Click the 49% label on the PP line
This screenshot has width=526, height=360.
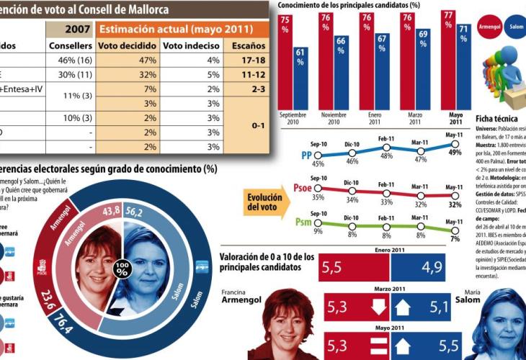[x=455, y=151]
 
